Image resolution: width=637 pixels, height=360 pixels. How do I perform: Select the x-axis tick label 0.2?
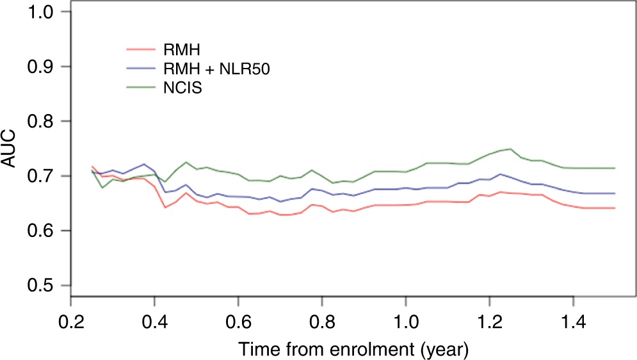[x=70, y=318]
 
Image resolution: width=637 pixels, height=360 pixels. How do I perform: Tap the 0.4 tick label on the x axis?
[x=154, y=318]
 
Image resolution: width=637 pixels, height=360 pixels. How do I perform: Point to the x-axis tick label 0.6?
[x=238, y=318]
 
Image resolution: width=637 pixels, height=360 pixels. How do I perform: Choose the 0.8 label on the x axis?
[x=322, y=318]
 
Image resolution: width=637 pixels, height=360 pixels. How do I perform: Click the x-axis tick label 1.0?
[x=406, y=318]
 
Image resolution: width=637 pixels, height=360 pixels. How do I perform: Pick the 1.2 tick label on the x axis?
[x=490, y=318]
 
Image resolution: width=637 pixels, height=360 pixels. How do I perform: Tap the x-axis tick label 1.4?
[x=574, y=318]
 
